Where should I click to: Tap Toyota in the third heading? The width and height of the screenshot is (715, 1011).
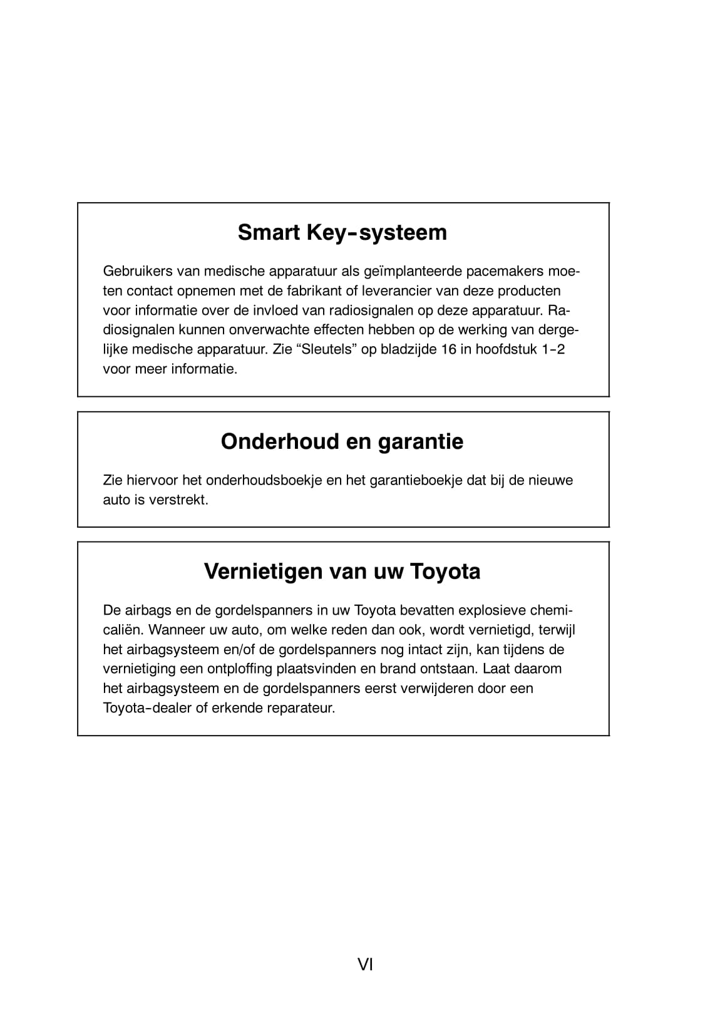pyautogui.click(x=445, y=572)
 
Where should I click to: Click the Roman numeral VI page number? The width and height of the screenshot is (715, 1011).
pyautogui.click(x=365, y=965)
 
